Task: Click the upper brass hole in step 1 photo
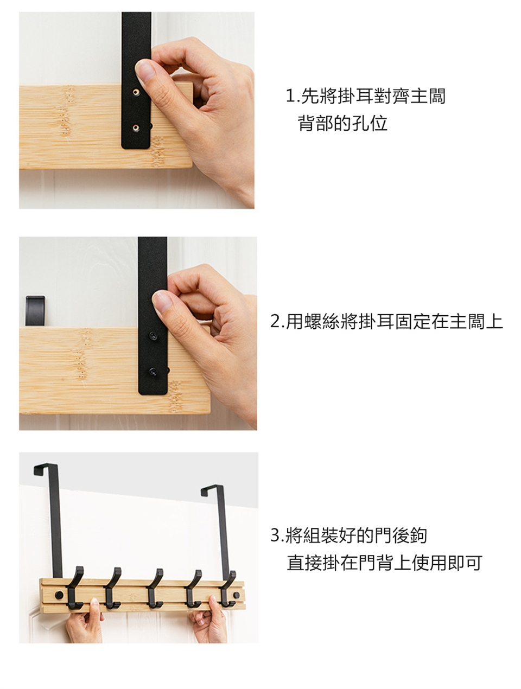tap(136, 92)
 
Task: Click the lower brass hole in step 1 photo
tap(136, 127)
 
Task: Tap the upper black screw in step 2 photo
tap(153, 335)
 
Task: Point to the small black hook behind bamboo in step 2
tap(35, 311)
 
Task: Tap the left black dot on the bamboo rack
tap(59, 595)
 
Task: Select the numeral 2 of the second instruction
tap(275, 321)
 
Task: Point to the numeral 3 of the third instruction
tap(275, 535)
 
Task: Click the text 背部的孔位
tap(342, 123)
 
